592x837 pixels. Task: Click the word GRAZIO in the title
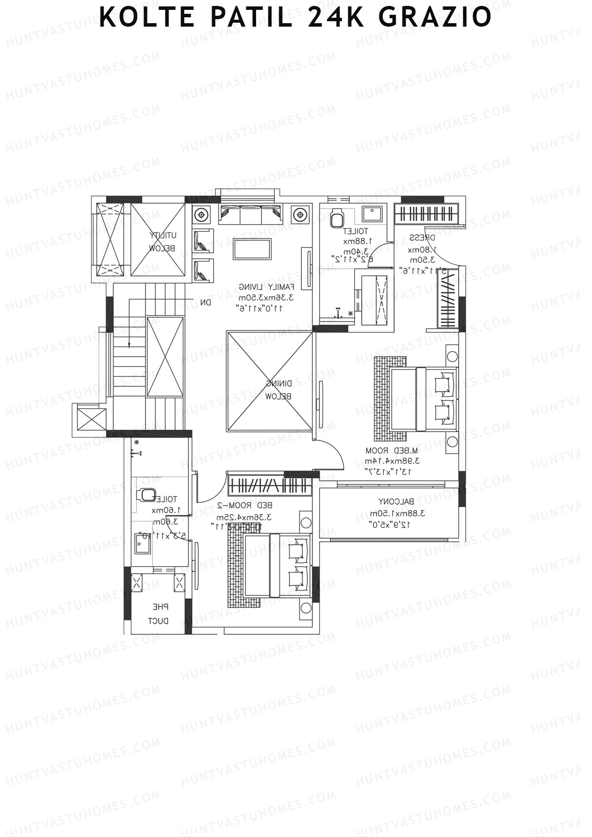435,17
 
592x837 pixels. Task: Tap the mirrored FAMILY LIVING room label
266,287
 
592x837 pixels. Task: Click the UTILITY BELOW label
163,242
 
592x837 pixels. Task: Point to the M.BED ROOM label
392,450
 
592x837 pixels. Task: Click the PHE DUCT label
159,614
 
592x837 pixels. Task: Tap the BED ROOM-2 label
245,506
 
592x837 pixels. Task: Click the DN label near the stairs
205,302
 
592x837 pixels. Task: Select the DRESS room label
422,238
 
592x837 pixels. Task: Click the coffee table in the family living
252,249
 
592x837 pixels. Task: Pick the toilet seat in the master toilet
337,218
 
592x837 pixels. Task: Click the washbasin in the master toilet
370,214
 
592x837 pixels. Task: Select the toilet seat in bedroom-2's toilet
147,494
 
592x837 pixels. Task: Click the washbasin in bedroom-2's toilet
143,545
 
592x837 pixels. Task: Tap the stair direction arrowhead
129,345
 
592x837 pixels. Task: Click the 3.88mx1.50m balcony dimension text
398,513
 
